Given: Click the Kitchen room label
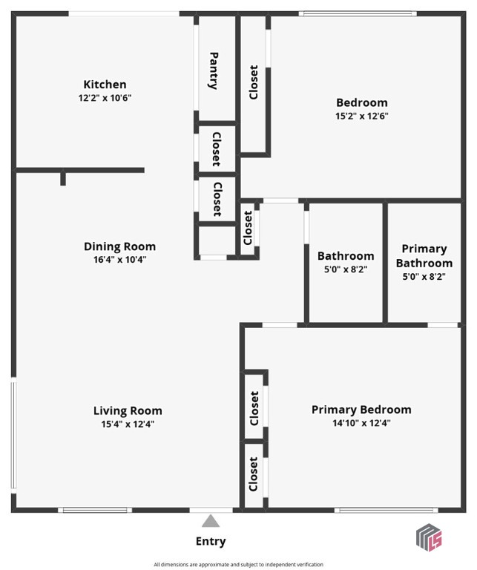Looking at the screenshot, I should click(105, 85).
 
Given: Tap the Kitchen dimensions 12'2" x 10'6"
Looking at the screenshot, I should click(105, 98).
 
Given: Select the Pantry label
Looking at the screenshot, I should click(214, 71).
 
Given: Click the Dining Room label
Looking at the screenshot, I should click(119, 247).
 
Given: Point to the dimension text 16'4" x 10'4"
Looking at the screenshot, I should click(119, 261).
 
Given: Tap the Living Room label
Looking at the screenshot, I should click(128, 411).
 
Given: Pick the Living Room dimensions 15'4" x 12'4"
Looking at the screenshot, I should click(128, 425).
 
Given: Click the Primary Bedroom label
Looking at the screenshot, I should click(361, 410).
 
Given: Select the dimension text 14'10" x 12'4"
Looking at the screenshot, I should click(361, 423).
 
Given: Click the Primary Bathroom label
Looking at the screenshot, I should click(424, 256).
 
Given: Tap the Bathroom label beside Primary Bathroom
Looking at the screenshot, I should click(346, 256).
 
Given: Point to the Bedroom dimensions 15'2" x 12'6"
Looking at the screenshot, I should click(362, 116).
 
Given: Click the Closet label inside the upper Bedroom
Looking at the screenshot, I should click(254, 83).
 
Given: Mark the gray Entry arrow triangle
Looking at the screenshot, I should click(211, 522).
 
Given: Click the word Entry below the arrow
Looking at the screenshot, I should click(211, 542).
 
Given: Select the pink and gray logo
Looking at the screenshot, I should click(429, 537).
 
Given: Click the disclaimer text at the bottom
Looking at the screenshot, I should click(238, 565).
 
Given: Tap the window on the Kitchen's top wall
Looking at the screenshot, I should click(124, 13).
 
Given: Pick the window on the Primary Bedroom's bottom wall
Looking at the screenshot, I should click(385, 510).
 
